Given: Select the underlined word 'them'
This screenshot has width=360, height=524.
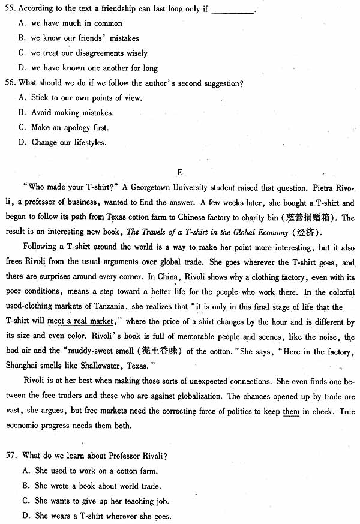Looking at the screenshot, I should click(291, 411).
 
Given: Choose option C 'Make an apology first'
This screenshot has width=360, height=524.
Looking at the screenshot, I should click(70, 128).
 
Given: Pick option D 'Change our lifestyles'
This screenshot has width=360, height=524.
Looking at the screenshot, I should click(68, 143).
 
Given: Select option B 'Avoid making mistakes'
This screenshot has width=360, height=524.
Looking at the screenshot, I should click(72, 113).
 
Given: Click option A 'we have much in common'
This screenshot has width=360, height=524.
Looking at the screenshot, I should click(76, 23).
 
